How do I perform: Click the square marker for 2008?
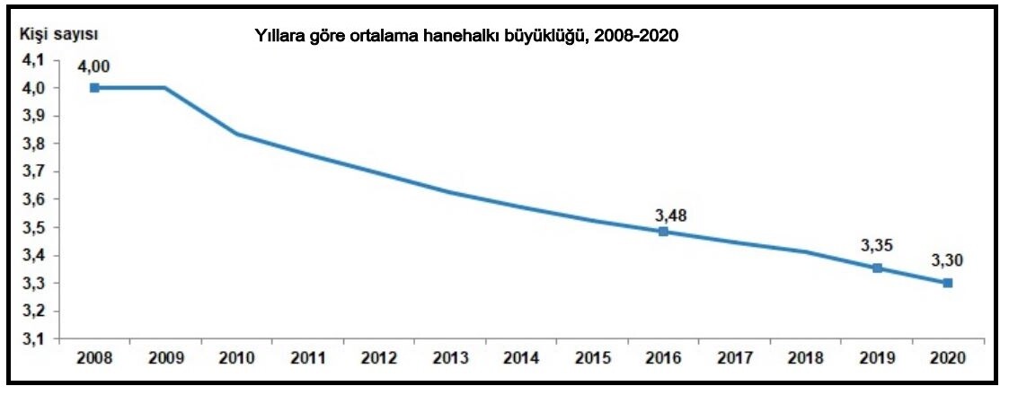tap(94, 88)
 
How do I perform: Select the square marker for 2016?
tap(663, 232)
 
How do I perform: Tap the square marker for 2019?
tap(877, 268)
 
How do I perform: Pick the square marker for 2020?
tap(948, 283)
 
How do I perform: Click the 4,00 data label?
tap(94, 66)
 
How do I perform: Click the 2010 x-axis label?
tap(237, 357)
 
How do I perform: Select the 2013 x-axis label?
tap(450, 357)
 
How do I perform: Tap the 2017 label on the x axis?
tap(734, 357)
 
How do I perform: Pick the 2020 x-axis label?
tap(948, 357)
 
